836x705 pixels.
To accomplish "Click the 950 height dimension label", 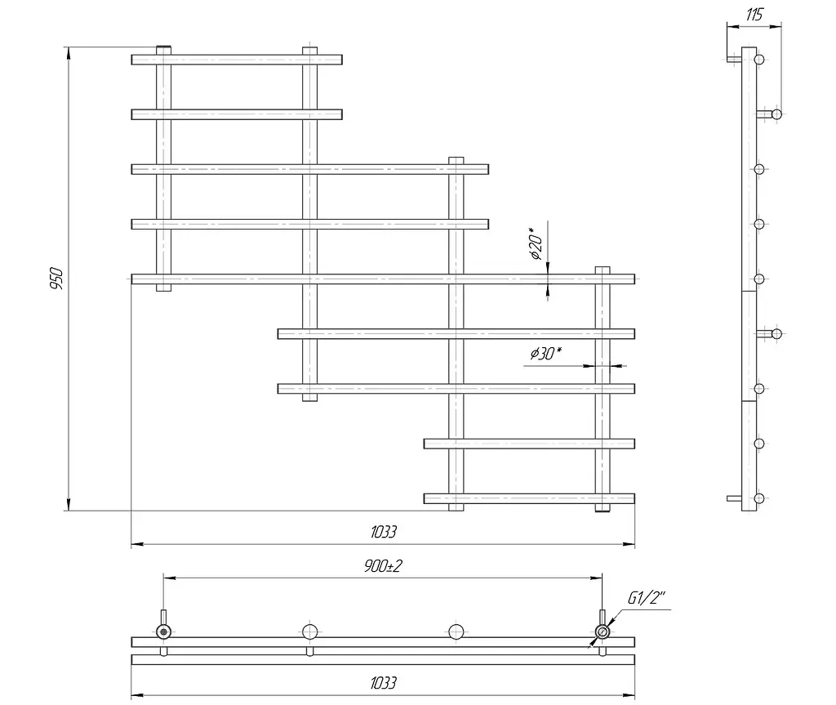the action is [x=56, y=279].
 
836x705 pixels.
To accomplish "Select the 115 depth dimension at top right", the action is [x=754, y=15].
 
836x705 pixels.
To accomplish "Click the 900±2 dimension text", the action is [x=383, y=565].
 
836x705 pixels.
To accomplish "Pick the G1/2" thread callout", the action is [x=647, y=598].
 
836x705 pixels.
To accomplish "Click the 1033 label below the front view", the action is [x=384, y=532].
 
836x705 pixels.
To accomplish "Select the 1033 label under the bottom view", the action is [x=384, y=683].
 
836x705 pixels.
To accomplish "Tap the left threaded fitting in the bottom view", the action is [x=163, y=631].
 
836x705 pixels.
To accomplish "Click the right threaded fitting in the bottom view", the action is [x=603, y=631].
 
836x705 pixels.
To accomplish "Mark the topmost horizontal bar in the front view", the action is [x=237, y=60].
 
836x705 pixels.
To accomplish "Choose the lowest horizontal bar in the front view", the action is [x=529, y=499].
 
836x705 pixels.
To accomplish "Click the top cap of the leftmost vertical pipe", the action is [x=163, y=50].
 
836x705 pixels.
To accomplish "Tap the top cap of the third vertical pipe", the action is [x=456, y=161].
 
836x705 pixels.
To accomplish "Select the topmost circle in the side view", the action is [x=760, y=60].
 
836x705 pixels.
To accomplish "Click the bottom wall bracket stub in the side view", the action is [x=734, y=499].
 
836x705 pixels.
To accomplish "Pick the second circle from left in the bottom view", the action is [x=309, y=631].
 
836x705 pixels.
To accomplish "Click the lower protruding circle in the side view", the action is [x=777, y=334].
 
